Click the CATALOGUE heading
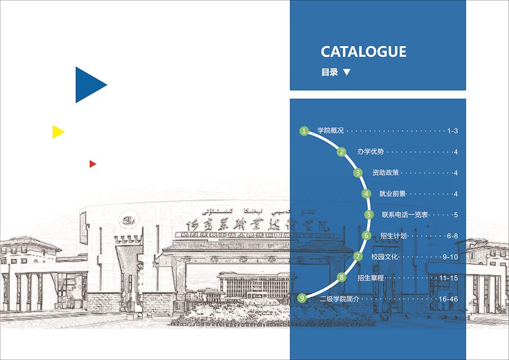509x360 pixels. (x=363, y=51)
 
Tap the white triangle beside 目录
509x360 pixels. (x=347, y=72)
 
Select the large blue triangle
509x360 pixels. (x=89, y=85)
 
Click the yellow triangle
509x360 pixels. (x=57, y=132)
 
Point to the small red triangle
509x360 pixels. (x=92, y=164)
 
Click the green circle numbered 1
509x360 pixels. (x=304, y=131)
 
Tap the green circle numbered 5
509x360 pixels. (x=369, y=215)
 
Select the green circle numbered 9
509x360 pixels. (x=303, y=298)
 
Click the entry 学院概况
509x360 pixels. (x=331, y=131)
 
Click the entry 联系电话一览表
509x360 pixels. (x=405, y=215)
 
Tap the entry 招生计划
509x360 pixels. (x=392, y=236)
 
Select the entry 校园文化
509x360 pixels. (x=384, y=257)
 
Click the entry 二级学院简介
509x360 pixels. (x=340, y=299)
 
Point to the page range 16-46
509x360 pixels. (x=448, y=299)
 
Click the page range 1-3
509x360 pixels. (x=453, y=131)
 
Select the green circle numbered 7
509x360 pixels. (x=358, y=256)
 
